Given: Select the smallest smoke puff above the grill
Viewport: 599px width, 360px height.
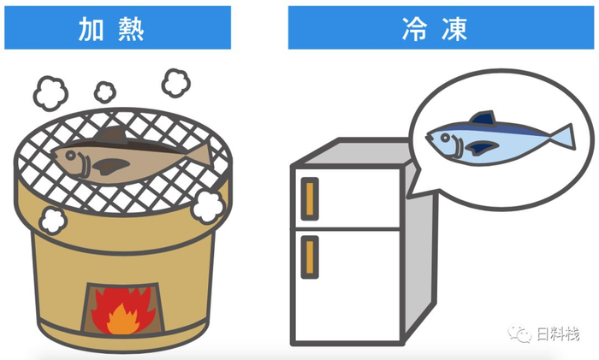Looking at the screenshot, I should (104, 91).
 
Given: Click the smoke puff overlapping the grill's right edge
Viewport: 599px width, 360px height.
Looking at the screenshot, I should (208, 204).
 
